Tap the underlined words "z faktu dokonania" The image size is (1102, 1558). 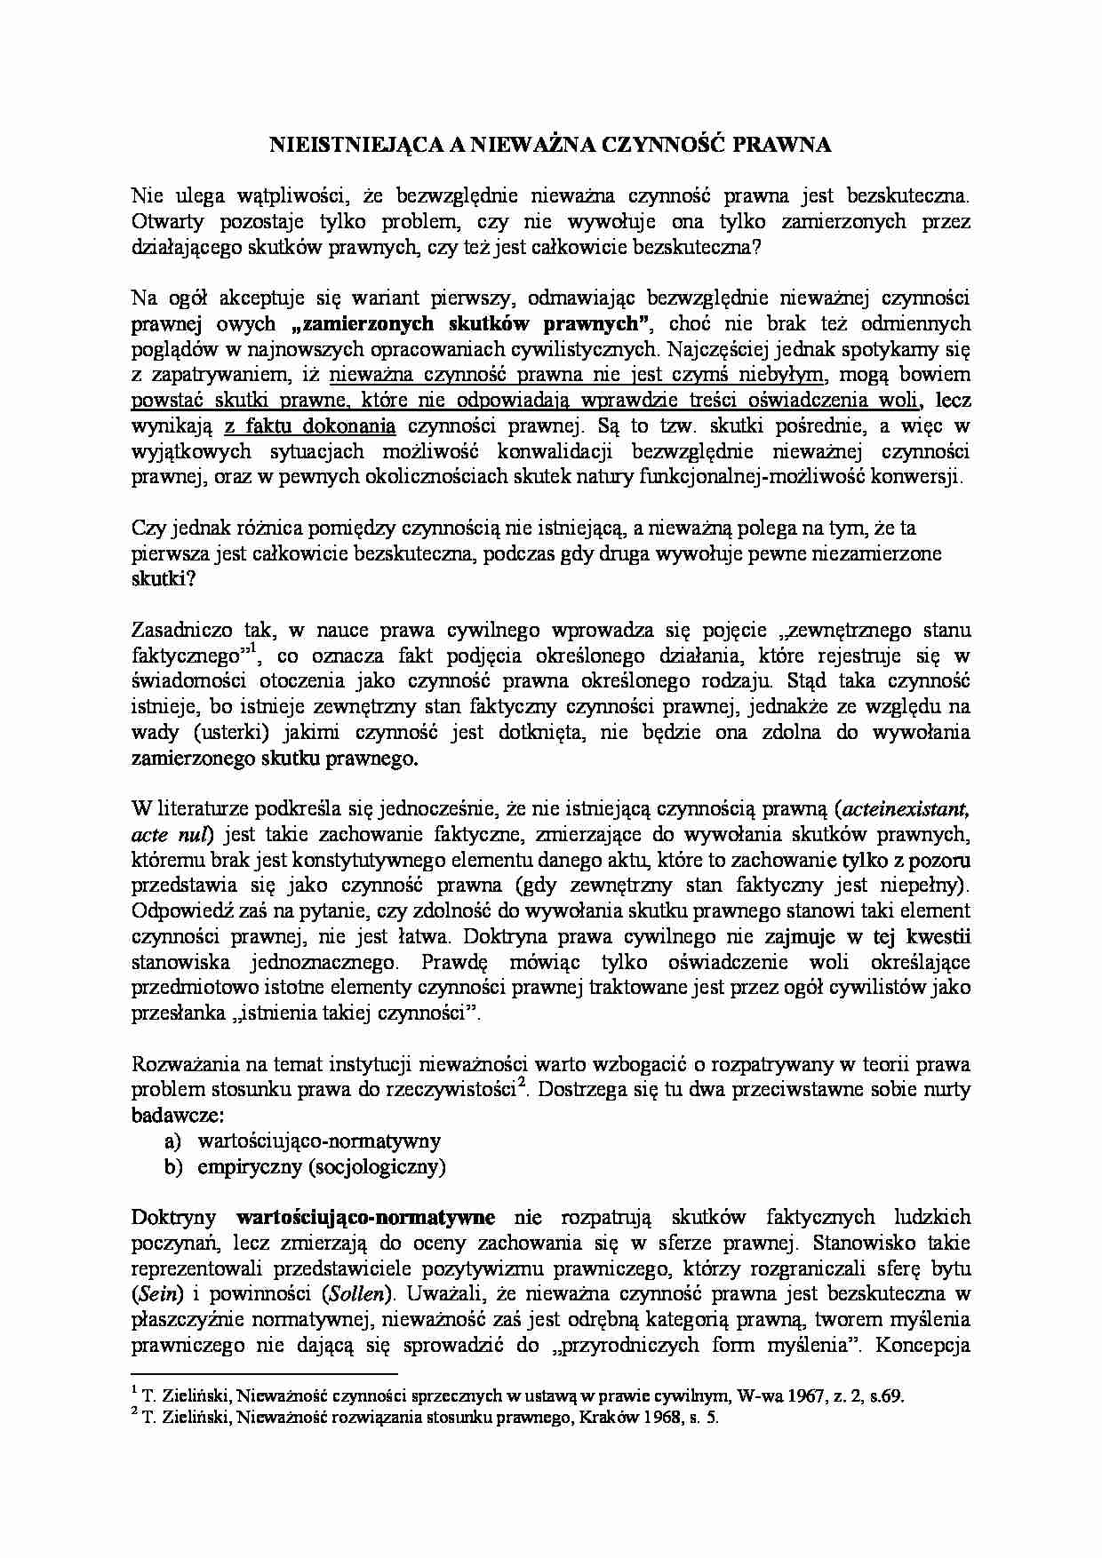(309, 425)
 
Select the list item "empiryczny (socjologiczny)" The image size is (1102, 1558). (322, 1166)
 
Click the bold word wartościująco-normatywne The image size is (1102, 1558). (366, 1217)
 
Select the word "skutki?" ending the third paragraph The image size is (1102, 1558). (159, 579)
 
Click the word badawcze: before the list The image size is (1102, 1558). (178, 1115)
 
